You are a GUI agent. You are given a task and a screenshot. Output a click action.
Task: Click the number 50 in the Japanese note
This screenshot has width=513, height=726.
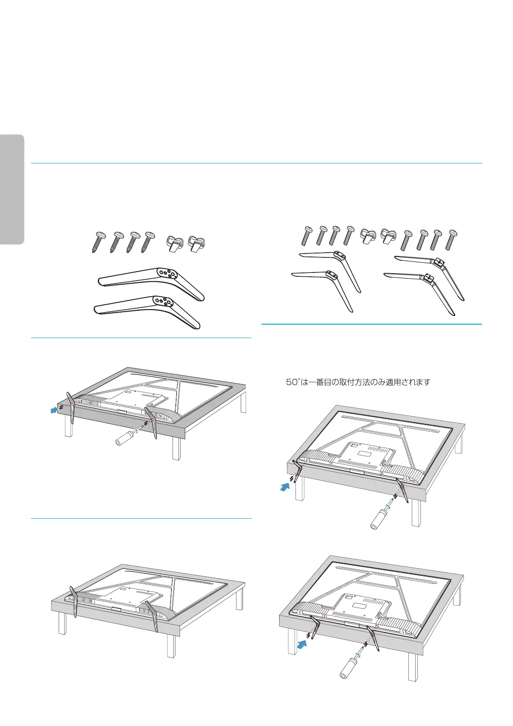click(292, 382)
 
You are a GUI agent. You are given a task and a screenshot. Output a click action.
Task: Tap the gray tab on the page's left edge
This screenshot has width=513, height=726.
click(12, 190)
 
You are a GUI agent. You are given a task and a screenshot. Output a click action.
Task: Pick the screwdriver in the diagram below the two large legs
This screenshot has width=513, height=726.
click(125, 438)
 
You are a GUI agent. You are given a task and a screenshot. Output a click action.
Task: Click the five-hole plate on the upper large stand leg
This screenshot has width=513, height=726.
click(166, 273)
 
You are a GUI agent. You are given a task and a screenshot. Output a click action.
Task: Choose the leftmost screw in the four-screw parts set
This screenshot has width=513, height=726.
click(98, 243)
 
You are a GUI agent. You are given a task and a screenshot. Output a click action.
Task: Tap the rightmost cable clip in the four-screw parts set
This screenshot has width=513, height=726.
click(196, 244)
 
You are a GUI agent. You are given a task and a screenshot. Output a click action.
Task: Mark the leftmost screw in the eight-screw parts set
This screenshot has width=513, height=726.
click(307, 236)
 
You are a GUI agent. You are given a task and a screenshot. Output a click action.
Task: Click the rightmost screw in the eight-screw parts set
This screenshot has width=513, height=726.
click(452, 240)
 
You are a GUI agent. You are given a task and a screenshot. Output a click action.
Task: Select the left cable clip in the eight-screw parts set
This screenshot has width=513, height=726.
click(367, 235)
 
